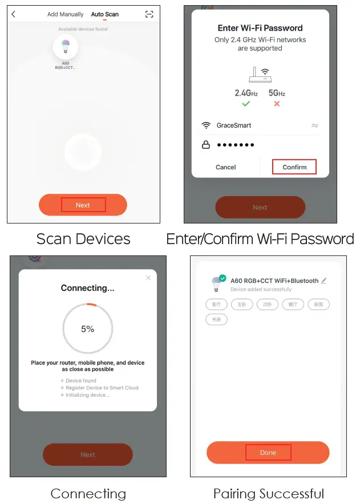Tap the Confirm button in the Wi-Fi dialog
tap(294, 167)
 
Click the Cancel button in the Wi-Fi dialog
tap(226, 167)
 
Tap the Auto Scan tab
tap(105, 14)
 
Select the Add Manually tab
tap(65, 14)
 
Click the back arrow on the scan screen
tap(14, 14)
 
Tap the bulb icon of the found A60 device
tap(65, 47)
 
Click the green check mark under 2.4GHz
tap(246, 104)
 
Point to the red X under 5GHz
tap(277, 104)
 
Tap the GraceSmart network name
tap(233, 125)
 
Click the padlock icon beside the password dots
tap(206, 145)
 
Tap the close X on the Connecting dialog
tap(148, 278)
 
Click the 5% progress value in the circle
tap(87, 329)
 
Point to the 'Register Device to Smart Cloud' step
tap(102, 388)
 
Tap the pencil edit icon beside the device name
tap(324, 281)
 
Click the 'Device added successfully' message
tap(261, 290)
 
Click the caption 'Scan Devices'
tap(83, 239)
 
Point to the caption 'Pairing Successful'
tap(268, 493)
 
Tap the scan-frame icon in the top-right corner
tap(149, 14)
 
